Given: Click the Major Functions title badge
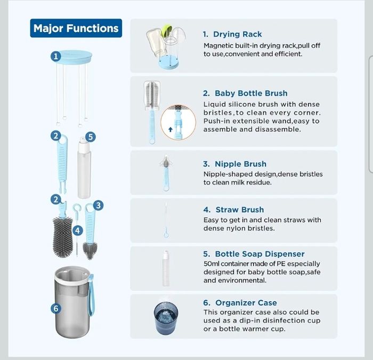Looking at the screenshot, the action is (76, 28).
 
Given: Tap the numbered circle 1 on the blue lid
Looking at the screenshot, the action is (55, 57).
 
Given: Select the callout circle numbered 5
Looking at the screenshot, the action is (91, 137).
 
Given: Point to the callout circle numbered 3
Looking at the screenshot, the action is (98, 205).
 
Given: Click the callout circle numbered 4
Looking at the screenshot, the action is (78, 230).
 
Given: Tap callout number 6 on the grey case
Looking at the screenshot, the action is (56, 308).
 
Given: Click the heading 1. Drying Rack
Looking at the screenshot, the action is (232, 34).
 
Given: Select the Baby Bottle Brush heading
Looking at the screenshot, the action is (245, 93).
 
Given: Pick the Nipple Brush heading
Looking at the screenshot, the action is (234, 164).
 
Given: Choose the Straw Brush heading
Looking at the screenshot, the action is (233, 210).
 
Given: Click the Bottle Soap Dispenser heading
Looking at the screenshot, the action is (254, 254).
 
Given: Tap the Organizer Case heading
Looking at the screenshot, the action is (240, 302).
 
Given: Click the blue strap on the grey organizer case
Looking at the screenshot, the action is (92, 295).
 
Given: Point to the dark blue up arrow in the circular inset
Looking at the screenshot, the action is (171, 129).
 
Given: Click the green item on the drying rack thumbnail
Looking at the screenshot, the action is (166, 29).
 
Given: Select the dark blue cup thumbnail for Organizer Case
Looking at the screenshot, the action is (166, 318).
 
